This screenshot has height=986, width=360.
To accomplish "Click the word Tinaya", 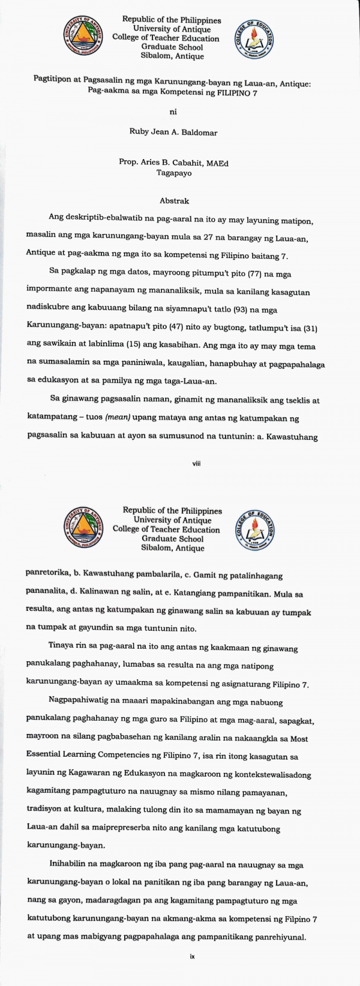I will pos(61,648).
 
